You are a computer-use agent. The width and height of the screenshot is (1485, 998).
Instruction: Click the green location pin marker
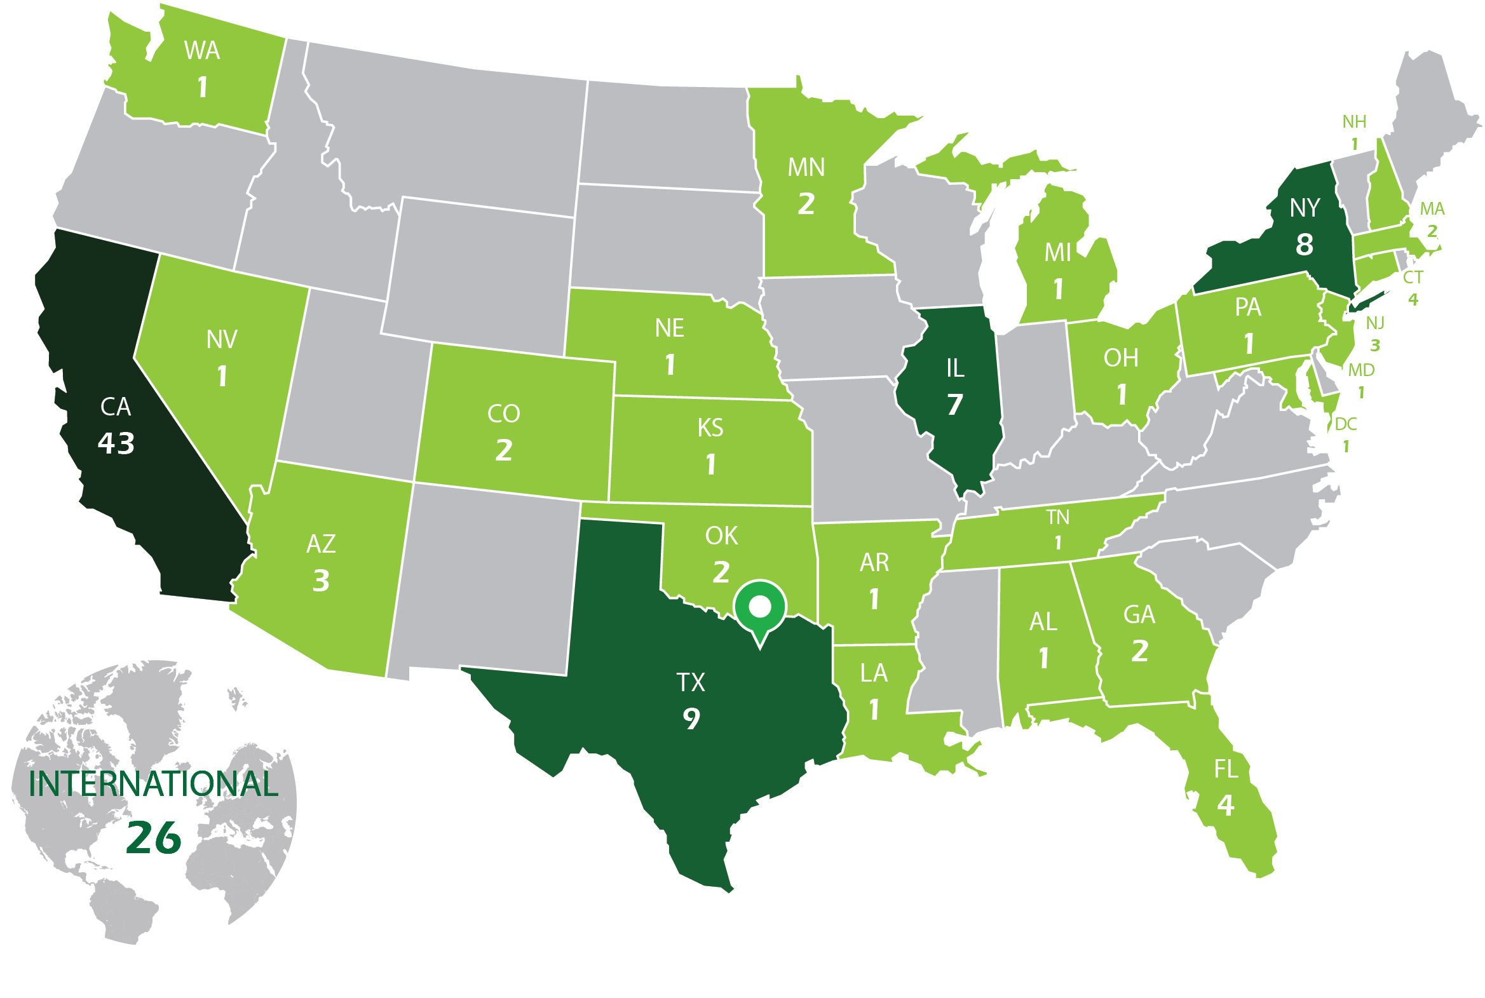(759, 607)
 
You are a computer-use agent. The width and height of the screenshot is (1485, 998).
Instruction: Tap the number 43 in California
(116, 443)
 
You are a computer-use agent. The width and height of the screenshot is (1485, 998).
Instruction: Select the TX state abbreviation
(691, 683)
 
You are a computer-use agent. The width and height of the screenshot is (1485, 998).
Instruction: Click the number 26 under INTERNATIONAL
(153, 838)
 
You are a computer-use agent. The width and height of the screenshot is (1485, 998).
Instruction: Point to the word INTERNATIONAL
(153, 784)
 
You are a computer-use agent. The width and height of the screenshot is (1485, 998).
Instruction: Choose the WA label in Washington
(202, 51)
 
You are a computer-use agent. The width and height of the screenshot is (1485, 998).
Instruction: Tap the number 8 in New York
(1305, 245)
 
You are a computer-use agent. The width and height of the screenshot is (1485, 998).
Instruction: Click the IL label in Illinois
(955, 368)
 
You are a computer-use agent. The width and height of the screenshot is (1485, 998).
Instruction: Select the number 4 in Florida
(1225, 806)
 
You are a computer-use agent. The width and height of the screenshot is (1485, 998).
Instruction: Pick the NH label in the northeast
(1354, 121)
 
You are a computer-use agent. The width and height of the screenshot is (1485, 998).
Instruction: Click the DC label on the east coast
(1346, 424)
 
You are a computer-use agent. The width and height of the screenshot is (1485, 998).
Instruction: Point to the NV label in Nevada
(222, 340)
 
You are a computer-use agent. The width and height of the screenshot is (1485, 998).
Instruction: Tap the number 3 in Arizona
(321, 581)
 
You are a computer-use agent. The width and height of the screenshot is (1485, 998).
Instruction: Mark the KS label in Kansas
(710, 428)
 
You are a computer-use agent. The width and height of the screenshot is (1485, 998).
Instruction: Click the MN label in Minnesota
(806, 168)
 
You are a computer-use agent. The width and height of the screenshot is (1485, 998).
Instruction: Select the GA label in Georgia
(1139, 615)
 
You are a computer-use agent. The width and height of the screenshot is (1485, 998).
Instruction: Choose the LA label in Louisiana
(873, 673)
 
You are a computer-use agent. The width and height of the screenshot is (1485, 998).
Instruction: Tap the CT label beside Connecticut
(1413, 278)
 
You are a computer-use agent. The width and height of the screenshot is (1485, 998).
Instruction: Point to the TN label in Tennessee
(1057, 518)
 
